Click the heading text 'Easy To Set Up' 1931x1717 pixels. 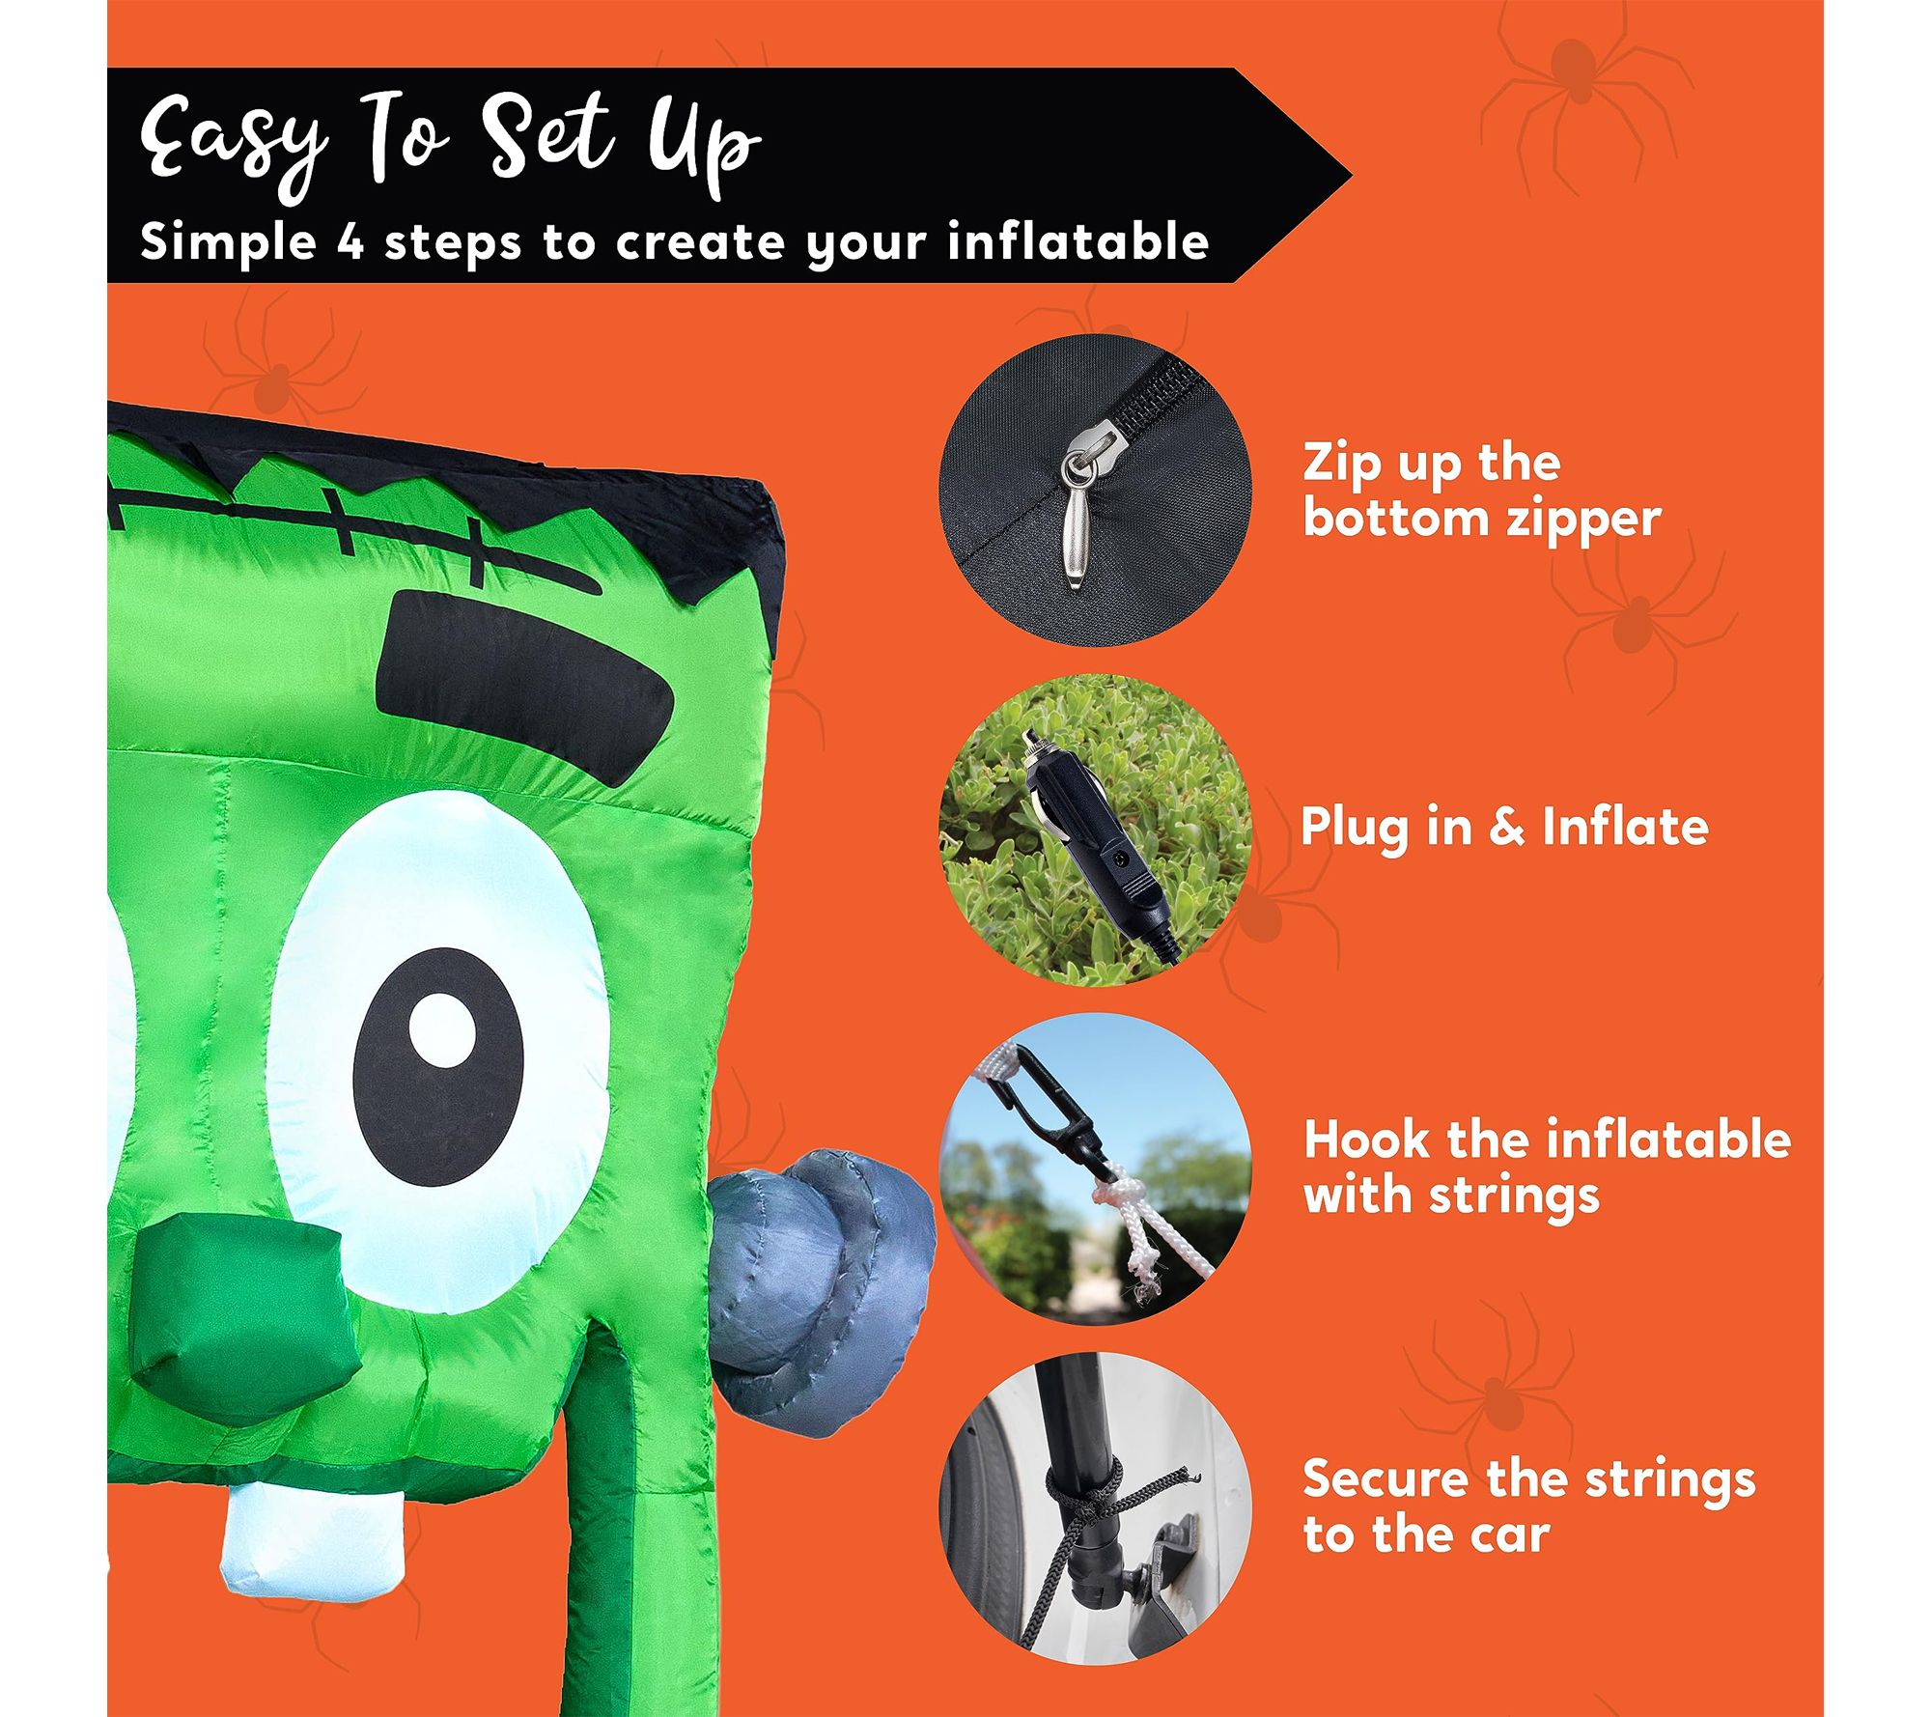[x=451, y=144]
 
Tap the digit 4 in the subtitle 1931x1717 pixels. [x=352, y=241]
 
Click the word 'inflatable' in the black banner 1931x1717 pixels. [x=1078, y=240]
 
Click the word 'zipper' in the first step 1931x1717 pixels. [x=1570, y=520]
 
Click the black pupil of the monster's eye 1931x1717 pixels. [x=438, y=1058]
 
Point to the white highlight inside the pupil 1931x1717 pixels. [x=441, y=1029]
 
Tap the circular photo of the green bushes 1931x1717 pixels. [x=1095, y=830]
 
